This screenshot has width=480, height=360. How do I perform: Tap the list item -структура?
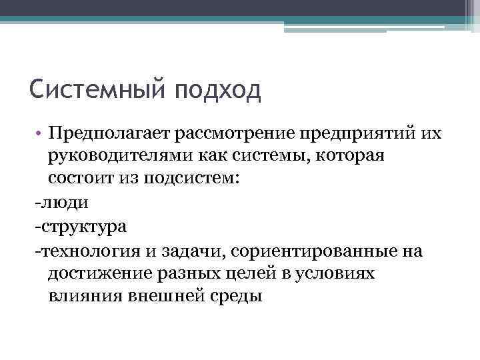[x=81, y=226]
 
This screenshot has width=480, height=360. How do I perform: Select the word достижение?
[x=101, y=273]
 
